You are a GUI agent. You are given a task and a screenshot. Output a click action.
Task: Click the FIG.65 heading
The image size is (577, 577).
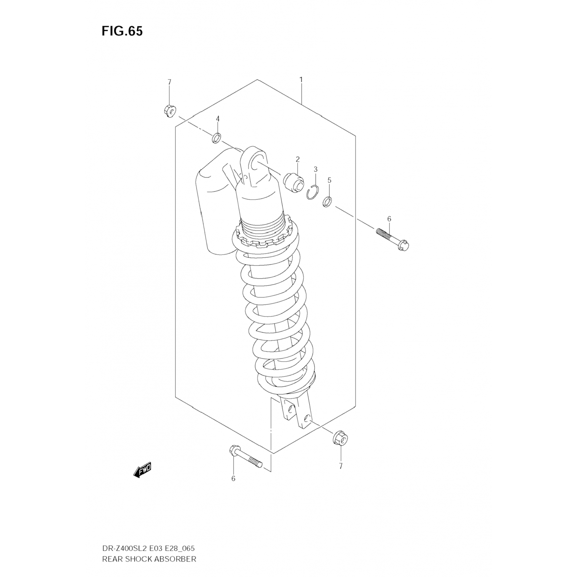[122, 31]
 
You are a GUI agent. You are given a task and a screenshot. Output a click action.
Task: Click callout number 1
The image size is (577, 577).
[301, 80]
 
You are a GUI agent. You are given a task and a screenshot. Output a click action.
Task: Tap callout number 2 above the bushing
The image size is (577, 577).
[297, 159]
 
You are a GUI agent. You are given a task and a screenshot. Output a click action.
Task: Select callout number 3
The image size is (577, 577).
[315, 169]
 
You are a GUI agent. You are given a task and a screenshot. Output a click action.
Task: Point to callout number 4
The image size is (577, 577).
[217, 119]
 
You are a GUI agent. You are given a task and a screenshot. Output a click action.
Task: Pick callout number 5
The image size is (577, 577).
[329, 180]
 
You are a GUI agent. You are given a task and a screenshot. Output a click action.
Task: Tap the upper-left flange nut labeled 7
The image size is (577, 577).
[169, 111]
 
